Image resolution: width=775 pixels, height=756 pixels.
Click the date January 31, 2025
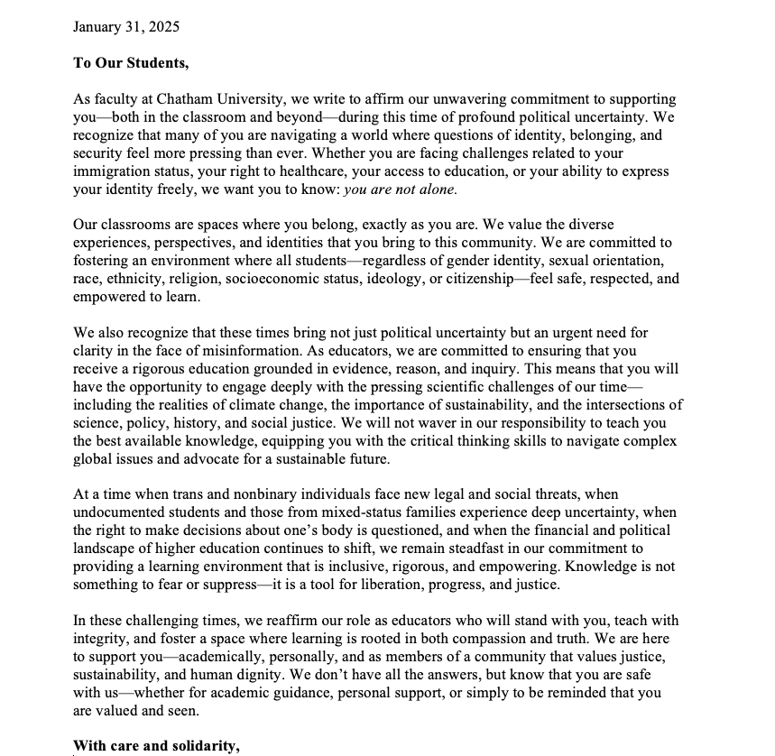click(126, 26)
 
